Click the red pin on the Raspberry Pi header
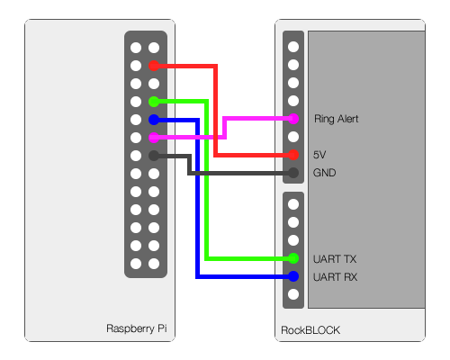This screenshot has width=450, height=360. [154, 66]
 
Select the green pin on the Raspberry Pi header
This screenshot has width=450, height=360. [154, 102]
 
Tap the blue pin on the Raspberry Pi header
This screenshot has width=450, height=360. [154, 120]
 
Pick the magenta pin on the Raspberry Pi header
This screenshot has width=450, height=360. [154, 138]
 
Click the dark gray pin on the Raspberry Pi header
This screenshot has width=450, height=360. [154, 156]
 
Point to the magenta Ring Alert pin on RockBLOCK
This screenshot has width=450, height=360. [293, 119]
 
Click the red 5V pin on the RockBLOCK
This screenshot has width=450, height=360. [293, 155]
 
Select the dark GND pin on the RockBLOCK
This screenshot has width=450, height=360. [293, 173]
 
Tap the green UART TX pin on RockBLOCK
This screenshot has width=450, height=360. [293, 258]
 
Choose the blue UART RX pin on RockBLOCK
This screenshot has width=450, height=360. [293, 276]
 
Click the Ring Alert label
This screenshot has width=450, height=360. [336, 119]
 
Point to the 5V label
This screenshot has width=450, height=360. [319, 155]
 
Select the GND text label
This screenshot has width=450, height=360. [324, 173]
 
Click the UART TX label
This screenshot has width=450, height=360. [335, 259]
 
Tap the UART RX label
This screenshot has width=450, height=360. [335, 277]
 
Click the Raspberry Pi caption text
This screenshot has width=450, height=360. [137, 328]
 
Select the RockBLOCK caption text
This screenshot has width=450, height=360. [310, 330]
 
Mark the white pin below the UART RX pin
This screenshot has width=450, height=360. [293, 294]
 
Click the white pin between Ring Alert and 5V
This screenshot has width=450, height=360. [293, 137]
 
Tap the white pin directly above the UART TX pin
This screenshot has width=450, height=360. [293, 240]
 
